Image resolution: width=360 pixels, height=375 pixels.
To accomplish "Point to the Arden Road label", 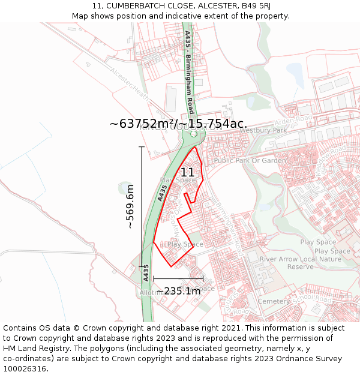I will pyautogui.click(x=295, y=122).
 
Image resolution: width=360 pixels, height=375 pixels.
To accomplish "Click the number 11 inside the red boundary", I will pyautogui.click(x=187, y=172).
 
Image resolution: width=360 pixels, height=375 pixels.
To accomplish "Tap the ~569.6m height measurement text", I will pyautogui.click(x=130, y=206).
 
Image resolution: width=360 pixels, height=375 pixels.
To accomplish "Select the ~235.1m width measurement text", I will pyautogui.click(x=178, y=291).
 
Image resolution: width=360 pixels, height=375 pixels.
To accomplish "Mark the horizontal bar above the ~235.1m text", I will pyautogui.click(x=178, y=278).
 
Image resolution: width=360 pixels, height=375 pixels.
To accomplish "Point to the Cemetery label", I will pyautogui.click(x=273, y=301).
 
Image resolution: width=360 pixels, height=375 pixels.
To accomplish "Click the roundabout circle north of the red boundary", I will pyautogui.click(x=193, y=135).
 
